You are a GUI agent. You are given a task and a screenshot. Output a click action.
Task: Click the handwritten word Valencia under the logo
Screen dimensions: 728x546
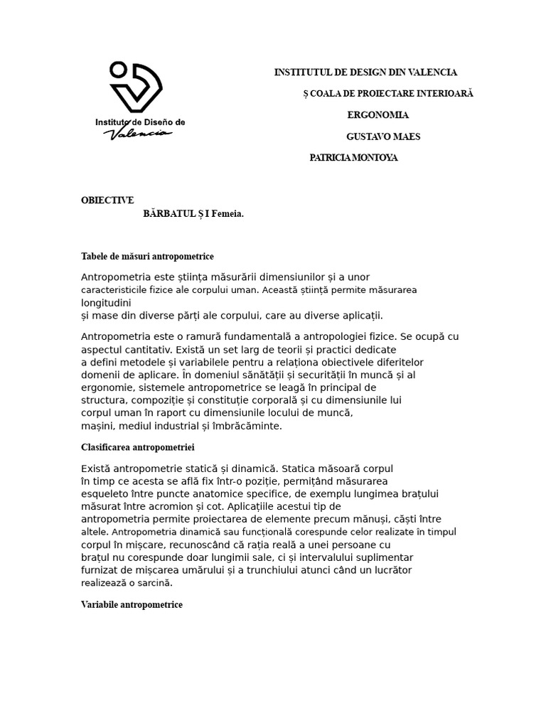click(x=138, y=134)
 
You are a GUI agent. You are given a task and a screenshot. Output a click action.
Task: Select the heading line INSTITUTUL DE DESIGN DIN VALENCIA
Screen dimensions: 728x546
click(x=365, y=73)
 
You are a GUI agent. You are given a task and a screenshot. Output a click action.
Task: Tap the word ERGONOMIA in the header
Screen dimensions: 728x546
click(x=378, y=115)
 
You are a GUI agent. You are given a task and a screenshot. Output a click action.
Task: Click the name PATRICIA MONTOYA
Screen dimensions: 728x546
click(x=353, y=158)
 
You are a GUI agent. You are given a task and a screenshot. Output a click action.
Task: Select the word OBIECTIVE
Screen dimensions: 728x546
click(x=107, y=200)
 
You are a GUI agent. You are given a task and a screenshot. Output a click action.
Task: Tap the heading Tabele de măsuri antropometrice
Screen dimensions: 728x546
click(x=147, y=256)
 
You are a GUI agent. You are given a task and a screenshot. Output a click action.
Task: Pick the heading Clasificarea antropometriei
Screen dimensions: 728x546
click(x=138, y=447)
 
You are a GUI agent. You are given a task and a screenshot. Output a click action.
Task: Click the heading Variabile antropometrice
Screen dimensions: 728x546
click(x=132, y=604)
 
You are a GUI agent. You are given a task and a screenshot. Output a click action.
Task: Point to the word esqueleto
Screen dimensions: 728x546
click(x=105, y=493)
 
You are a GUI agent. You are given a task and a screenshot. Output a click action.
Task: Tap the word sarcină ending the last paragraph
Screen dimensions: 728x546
click(x=156, y=582)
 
